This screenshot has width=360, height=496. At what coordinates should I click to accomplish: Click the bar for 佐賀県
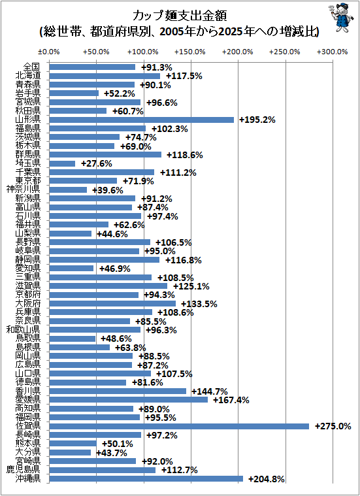179,427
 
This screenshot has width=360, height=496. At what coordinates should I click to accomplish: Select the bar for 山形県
142,120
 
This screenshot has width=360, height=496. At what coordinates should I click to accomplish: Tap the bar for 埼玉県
62,163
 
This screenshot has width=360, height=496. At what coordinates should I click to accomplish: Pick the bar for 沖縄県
146,479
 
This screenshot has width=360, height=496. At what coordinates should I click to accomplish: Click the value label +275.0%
333,427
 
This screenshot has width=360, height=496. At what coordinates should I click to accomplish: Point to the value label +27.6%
97,163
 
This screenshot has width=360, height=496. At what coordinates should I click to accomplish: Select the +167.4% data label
231,400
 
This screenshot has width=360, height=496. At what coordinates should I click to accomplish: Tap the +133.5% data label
199,304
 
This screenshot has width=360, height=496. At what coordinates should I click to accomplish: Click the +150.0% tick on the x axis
190,52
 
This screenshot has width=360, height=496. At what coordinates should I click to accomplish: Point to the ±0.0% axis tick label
48,52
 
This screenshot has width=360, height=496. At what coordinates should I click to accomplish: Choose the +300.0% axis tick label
332,52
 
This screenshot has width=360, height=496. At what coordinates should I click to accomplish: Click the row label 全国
31,67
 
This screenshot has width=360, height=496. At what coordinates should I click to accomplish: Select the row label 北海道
28,76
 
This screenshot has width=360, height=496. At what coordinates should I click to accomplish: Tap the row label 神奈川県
24,190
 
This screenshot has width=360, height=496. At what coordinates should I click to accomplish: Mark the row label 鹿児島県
24,469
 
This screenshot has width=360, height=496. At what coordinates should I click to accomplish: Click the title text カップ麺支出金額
180,15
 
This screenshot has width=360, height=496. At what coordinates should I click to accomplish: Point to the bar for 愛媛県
129,400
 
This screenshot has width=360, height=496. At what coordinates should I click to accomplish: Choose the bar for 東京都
83,181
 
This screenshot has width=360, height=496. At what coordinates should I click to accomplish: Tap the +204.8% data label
267,480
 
